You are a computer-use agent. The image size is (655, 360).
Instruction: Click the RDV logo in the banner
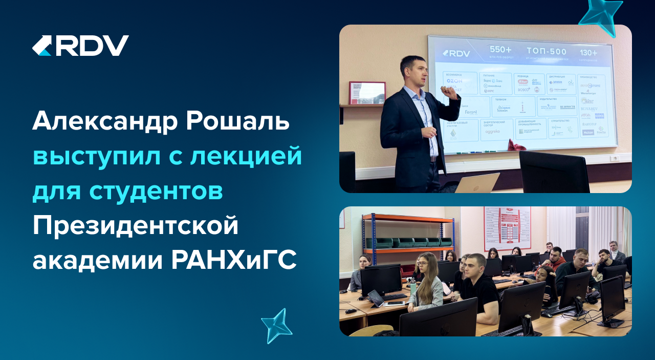point(80,46)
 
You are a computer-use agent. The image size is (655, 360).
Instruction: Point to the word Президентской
point(136,225)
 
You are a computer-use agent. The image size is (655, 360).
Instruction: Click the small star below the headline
point(276,325)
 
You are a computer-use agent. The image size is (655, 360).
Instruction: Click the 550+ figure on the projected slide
point(500,50)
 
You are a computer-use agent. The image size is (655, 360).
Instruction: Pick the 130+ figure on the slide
point(588,53)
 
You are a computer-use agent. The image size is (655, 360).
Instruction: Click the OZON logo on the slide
point(454,81)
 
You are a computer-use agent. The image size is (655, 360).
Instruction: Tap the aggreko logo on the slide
point(492,131)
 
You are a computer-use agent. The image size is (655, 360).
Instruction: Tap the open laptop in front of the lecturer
point(477,183)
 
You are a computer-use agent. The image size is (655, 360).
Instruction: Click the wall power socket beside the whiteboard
point(614,158)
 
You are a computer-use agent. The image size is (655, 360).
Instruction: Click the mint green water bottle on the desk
point(413,287)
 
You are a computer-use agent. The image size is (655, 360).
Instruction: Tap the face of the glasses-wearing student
point(424,265)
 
